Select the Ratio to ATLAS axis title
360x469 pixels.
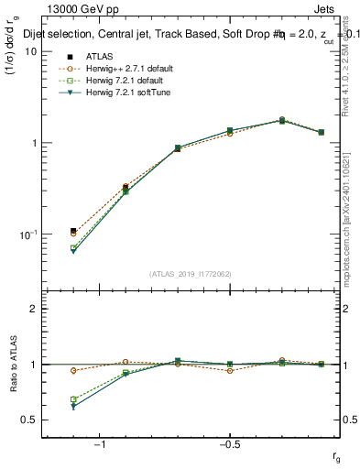click(12, 364)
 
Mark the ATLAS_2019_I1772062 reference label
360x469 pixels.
click(191, 274)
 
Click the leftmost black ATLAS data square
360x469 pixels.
click(73, 231)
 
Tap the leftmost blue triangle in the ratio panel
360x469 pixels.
click(73, 406)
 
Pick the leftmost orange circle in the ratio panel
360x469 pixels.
click(73, 371)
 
